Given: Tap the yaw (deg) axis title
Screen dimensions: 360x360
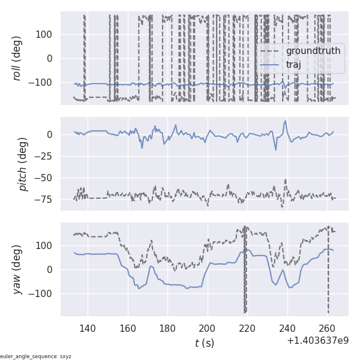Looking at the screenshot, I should click(18, 269).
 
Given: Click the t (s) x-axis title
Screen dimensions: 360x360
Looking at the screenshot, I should click(204, 343).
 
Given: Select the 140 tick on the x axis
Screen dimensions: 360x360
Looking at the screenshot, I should click(88, 328).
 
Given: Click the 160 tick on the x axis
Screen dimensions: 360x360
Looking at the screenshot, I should click(128, 328).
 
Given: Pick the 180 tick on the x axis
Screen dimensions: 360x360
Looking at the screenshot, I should click(167, 328).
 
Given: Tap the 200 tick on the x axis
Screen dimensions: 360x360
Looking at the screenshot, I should click(208, 328).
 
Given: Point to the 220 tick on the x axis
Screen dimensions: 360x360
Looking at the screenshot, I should click(247, 328).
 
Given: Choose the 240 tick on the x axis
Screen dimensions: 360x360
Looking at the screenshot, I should click(287, 328).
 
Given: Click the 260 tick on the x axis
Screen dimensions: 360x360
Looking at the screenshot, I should click(327, 328).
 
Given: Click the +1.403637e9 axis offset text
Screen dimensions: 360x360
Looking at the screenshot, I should click(317, 340).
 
